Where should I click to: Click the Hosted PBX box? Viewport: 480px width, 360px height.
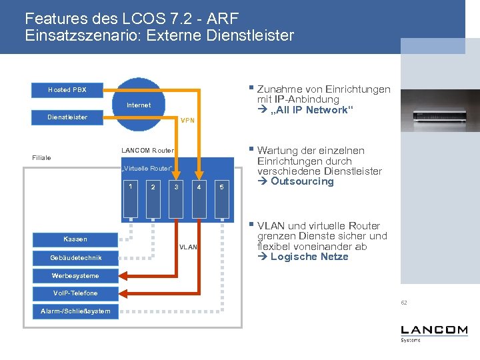pos(67,89)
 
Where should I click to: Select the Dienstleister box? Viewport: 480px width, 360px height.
pos(67,117)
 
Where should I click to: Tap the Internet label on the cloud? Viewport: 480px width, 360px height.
pos(139,105)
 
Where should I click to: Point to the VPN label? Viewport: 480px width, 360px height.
pos(188,121)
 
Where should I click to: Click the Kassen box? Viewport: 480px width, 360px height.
pos(75,239)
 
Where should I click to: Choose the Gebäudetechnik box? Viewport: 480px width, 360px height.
pos(75,257)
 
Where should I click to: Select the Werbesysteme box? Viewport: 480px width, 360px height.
pos(75,275)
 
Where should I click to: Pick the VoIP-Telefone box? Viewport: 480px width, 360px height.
pos(75,293)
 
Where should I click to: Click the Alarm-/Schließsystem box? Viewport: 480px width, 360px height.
pos(75,311)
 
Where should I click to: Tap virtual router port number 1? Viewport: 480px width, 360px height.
pos(131,186)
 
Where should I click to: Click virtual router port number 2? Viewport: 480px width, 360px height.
pos(153,187)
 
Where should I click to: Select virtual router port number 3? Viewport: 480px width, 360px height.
pos(176,187)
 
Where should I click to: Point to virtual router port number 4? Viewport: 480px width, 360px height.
pos(199,187)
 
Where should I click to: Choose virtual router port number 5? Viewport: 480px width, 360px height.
pos(222,187)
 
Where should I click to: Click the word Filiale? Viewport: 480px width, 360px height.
pos(41,158)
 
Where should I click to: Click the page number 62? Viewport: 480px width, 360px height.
pos(404,303)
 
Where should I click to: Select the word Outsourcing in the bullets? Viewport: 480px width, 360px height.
pos(302,181)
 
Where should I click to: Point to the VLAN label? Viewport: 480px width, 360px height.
pos(189,247)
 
